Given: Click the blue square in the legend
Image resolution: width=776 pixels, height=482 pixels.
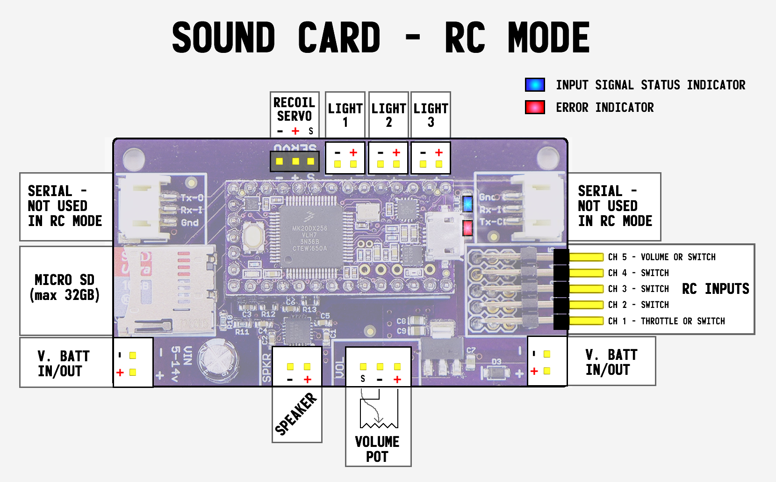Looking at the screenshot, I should (535, 85).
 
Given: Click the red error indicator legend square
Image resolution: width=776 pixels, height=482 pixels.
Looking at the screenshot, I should (535, 108).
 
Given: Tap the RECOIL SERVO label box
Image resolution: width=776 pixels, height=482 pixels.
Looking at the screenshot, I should (295, 110).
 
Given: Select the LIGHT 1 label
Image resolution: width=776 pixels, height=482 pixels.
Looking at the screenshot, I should (345, 115).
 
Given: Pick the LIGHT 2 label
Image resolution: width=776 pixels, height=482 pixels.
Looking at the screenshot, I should (388, 115).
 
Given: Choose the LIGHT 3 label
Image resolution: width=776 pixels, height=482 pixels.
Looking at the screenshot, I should (431, 115).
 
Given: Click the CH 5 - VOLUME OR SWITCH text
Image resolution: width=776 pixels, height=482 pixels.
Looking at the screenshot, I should (661, 257).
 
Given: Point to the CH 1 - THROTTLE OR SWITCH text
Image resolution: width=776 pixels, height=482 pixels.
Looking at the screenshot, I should (666, 321).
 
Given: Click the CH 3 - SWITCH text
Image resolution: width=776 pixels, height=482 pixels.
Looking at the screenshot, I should (638, 289).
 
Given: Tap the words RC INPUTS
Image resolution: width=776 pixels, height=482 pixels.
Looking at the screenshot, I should (715, 289).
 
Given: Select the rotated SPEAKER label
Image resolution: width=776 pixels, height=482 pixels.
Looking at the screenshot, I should (295, 414).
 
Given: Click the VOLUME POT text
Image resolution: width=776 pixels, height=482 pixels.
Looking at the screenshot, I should (377, 449).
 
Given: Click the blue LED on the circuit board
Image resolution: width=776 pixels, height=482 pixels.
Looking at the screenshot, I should (467, 204).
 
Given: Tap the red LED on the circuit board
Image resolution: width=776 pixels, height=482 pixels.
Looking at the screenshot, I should (467, 228).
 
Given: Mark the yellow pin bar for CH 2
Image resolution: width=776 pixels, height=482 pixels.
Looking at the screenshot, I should (586, 305).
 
